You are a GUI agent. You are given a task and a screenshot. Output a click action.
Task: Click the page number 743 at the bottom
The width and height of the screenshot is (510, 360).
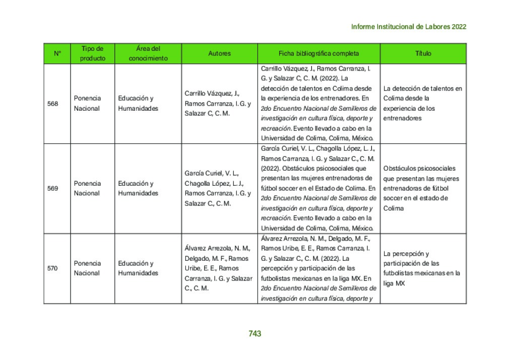(254, 333)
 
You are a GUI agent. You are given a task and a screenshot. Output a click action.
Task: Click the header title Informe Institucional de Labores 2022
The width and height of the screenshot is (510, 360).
(408, 27)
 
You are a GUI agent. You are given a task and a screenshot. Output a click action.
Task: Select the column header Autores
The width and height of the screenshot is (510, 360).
(219, 53)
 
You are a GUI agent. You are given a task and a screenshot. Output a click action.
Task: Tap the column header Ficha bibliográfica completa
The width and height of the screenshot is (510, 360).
(318, 53)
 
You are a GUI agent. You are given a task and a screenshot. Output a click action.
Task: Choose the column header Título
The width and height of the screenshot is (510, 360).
(423, 53)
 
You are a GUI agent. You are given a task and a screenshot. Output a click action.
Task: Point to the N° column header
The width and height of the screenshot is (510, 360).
(57, 53)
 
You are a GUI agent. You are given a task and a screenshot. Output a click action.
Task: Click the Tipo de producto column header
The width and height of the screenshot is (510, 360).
(92, 53)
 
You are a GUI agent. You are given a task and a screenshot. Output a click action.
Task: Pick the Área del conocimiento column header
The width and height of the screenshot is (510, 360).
(148, 53)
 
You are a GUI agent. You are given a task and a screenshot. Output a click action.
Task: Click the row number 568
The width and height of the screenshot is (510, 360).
(52, 104)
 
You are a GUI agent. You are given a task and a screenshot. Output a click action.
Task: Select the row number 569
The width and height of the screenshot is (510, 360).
(52, 188)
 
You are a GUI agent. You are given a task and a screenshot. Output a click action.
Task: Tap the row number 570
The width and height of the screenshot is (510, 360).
(52, 268)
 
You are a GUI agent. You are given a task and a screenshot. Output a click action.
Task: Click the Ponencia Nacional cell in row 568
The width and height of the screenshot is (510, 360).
(87, 103)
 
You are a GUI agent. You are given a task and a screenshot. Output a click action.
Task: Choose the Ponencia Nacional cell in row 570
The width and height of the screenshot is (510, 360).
(87, 268)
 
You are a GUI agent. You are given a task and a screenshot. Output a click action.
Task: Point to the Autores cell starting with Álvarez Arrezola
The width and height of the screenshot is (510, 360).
(218, 268)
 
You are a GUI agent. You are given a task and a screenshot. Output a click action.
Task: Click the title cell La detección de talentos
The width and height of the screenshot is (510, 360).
(422, 103)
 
